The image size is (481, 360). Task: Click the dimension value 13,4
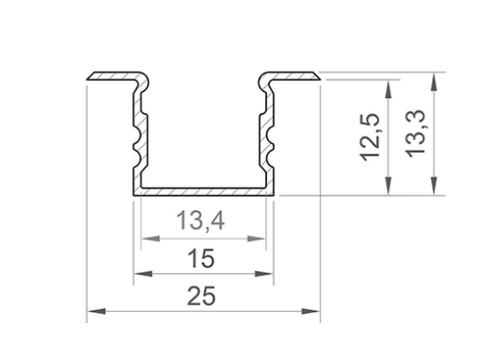201,224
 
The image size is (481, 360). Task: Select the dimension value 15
202,257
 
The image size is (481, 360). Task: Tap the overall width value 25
202,296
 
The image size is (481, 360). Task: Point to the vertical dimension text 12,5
371,138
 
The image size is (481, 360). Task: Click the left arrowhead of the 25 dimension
92,310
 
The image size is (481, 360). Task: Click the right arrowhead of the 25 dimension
316,310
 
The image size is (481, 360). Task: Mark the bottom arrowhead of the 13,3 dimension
433,190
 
